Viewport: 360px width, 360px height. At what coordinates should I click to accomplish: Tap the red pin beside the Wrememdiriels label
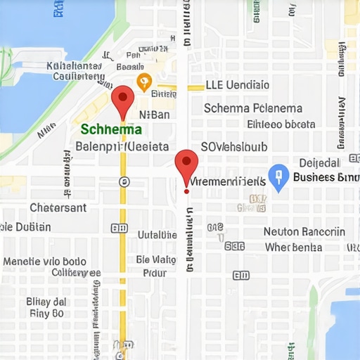point(186,163)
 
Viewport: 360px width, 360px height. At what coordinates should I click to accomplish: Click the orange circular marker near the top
point(143,82)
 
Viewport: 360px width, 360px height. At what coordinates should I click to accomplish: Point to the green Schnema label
point(111,129)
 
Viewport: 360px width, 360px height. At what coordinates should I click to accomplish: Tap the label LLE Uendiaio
point(237,85)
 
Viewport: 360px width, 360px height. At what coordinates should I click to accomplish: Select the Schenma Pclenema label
point(252,108)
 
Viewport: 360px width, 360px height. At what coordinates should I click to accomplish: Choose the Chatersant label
point(58,207)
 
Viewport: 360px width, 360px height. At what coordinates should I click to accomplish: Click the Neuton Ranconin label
point(304,231)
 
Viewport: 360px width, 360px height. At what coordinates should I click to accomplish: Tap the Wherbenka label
point(293,247)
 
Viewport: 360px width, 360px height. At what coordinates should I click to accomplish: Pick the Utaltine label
point(157,234)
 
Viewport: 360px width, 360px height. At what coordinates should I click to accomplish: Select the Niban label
point(154,115)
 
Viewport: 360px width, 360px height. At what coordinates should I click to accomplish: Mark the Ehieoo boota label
point(281,124)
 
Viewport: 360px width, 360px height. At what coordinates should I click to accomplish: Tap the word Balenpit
point(98,147)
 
